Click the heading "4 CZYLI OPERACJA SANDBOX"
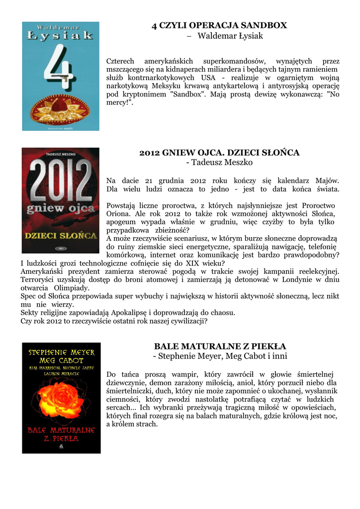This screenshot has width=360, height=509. coord(219,25)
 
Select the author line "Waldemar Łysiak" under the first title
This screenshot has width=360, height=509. coord(225,36)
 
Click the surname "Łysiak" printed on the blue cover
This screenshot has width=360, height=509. coord(61,35)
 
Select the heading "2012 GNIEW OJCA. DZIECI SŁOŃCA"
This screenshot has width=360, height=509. coord(219,153)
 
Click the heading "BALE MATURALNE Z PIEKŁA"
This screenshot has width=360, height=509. coord(220,346)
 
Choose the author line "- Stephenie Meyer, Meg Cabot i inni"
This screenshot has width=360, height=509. coord(219,356)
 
